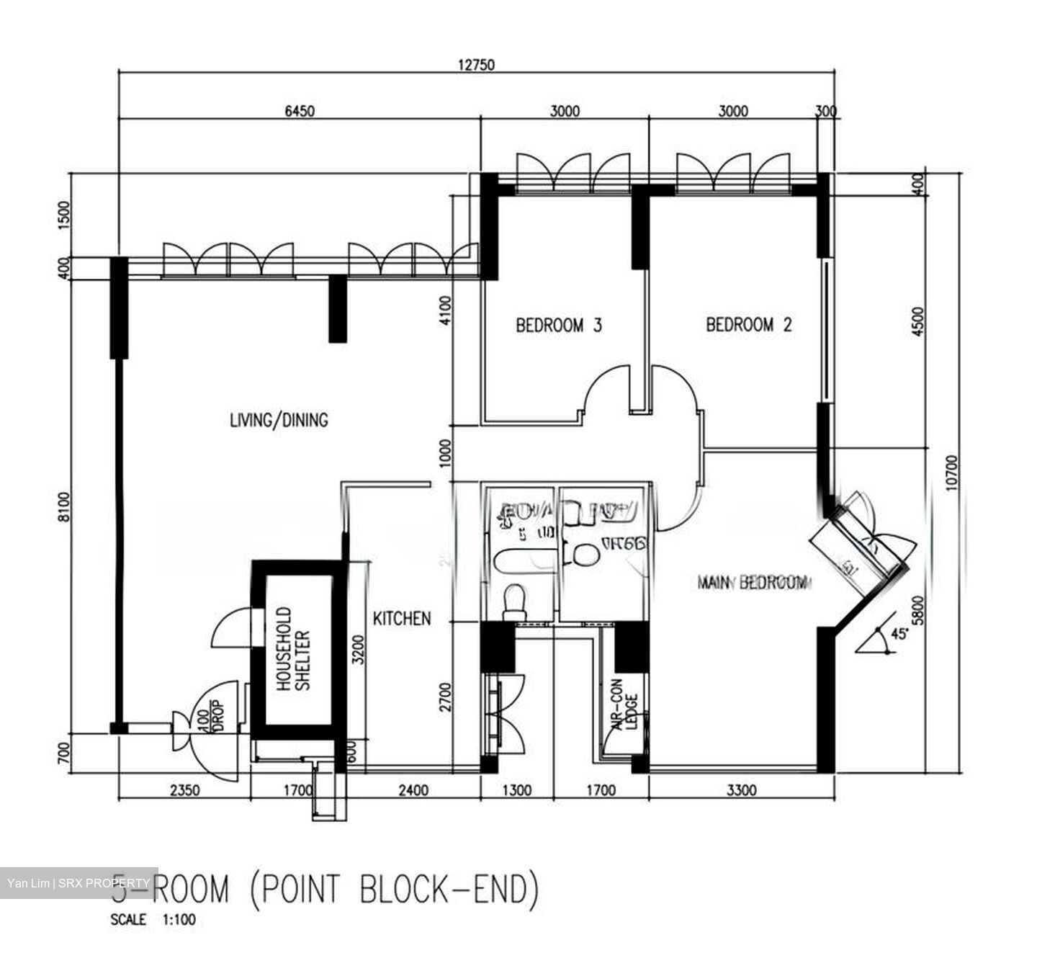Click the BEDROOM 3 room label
point(558,326)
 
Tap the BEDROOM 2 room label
point(748,325)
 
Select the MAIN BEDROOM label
point(752,582)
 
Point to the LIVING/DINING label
point(279,420)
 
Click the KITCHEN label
point(402,618)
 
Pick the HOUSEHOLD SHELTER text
point(293,649)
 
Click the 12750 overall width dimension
point(476,65)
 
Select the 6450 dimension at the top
point(300,111)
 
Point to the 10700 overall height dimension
point(953,473)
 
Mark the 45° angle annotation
point(898,635)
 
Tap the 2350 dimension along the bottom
point(184,791)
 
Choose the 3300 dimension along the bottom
point(741,791)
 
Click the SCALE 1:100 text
point(153,920)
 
